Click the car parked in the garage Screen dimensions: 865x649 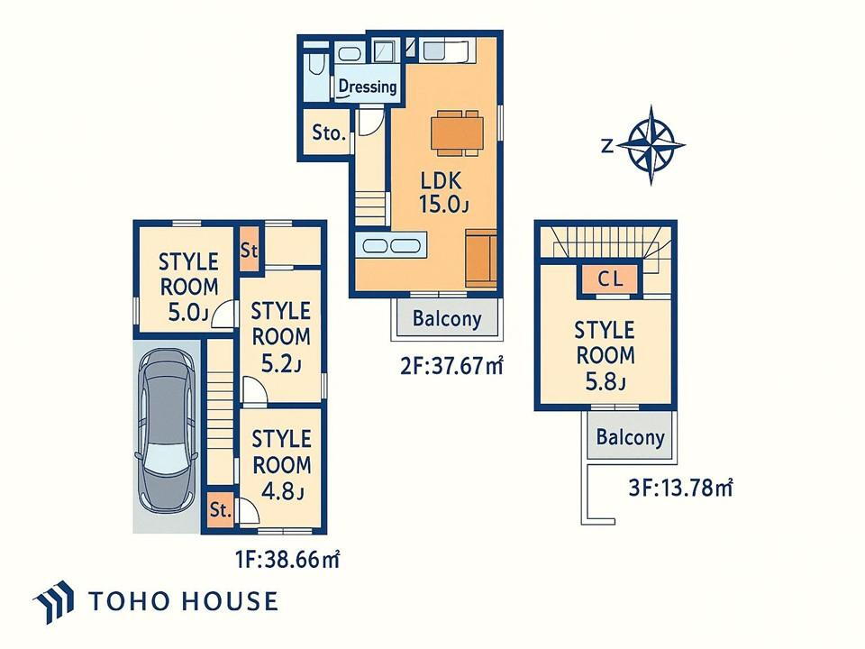point(166,430)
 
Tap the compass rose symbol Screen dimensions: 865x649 point(651,145)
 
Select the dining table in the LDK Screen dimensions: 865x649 point(457,133)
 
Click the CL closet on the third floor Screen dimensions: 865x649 point(610,279)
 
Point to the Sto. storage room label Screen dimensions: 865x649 point(329,133)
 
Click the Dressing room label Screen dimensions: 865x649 point(368,87)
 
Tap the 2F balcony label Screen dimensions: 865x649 point(447,318)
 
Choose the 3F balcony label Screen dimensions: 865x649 point(631,437)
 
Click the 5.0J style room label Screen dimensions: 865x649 point(188,287)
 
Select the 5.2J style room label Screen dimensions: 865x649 point(280,336)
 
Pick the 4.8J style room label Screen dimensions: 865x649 point(281,465)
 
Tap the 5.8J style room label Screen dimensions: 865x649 point(605,356)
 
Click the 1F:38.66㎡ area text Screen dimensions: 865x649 point(287,560)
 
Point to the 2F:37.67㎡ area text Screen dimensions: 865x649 point(451,365)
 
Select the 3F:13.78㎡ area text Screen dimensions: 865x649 point(681,488)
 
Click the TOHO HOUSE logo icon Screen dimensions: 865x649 point(53,601)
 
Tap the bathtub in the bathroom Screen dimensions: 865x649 point(315,66)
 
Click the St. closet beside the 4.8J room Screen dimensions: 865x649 point(220,509)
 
